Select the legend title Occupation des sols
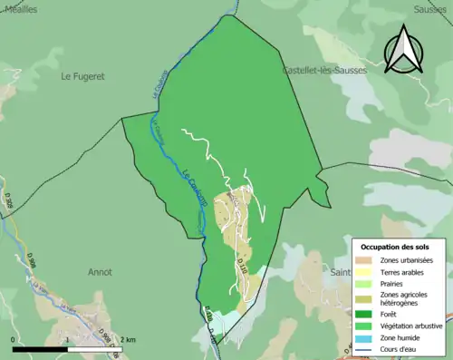click(x=396, y=247)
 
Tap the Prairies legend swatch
click(x=364, y=282)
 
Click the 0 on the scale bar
click(x=14, y=339)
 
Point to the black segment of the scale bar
click(x=42, y=349)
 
